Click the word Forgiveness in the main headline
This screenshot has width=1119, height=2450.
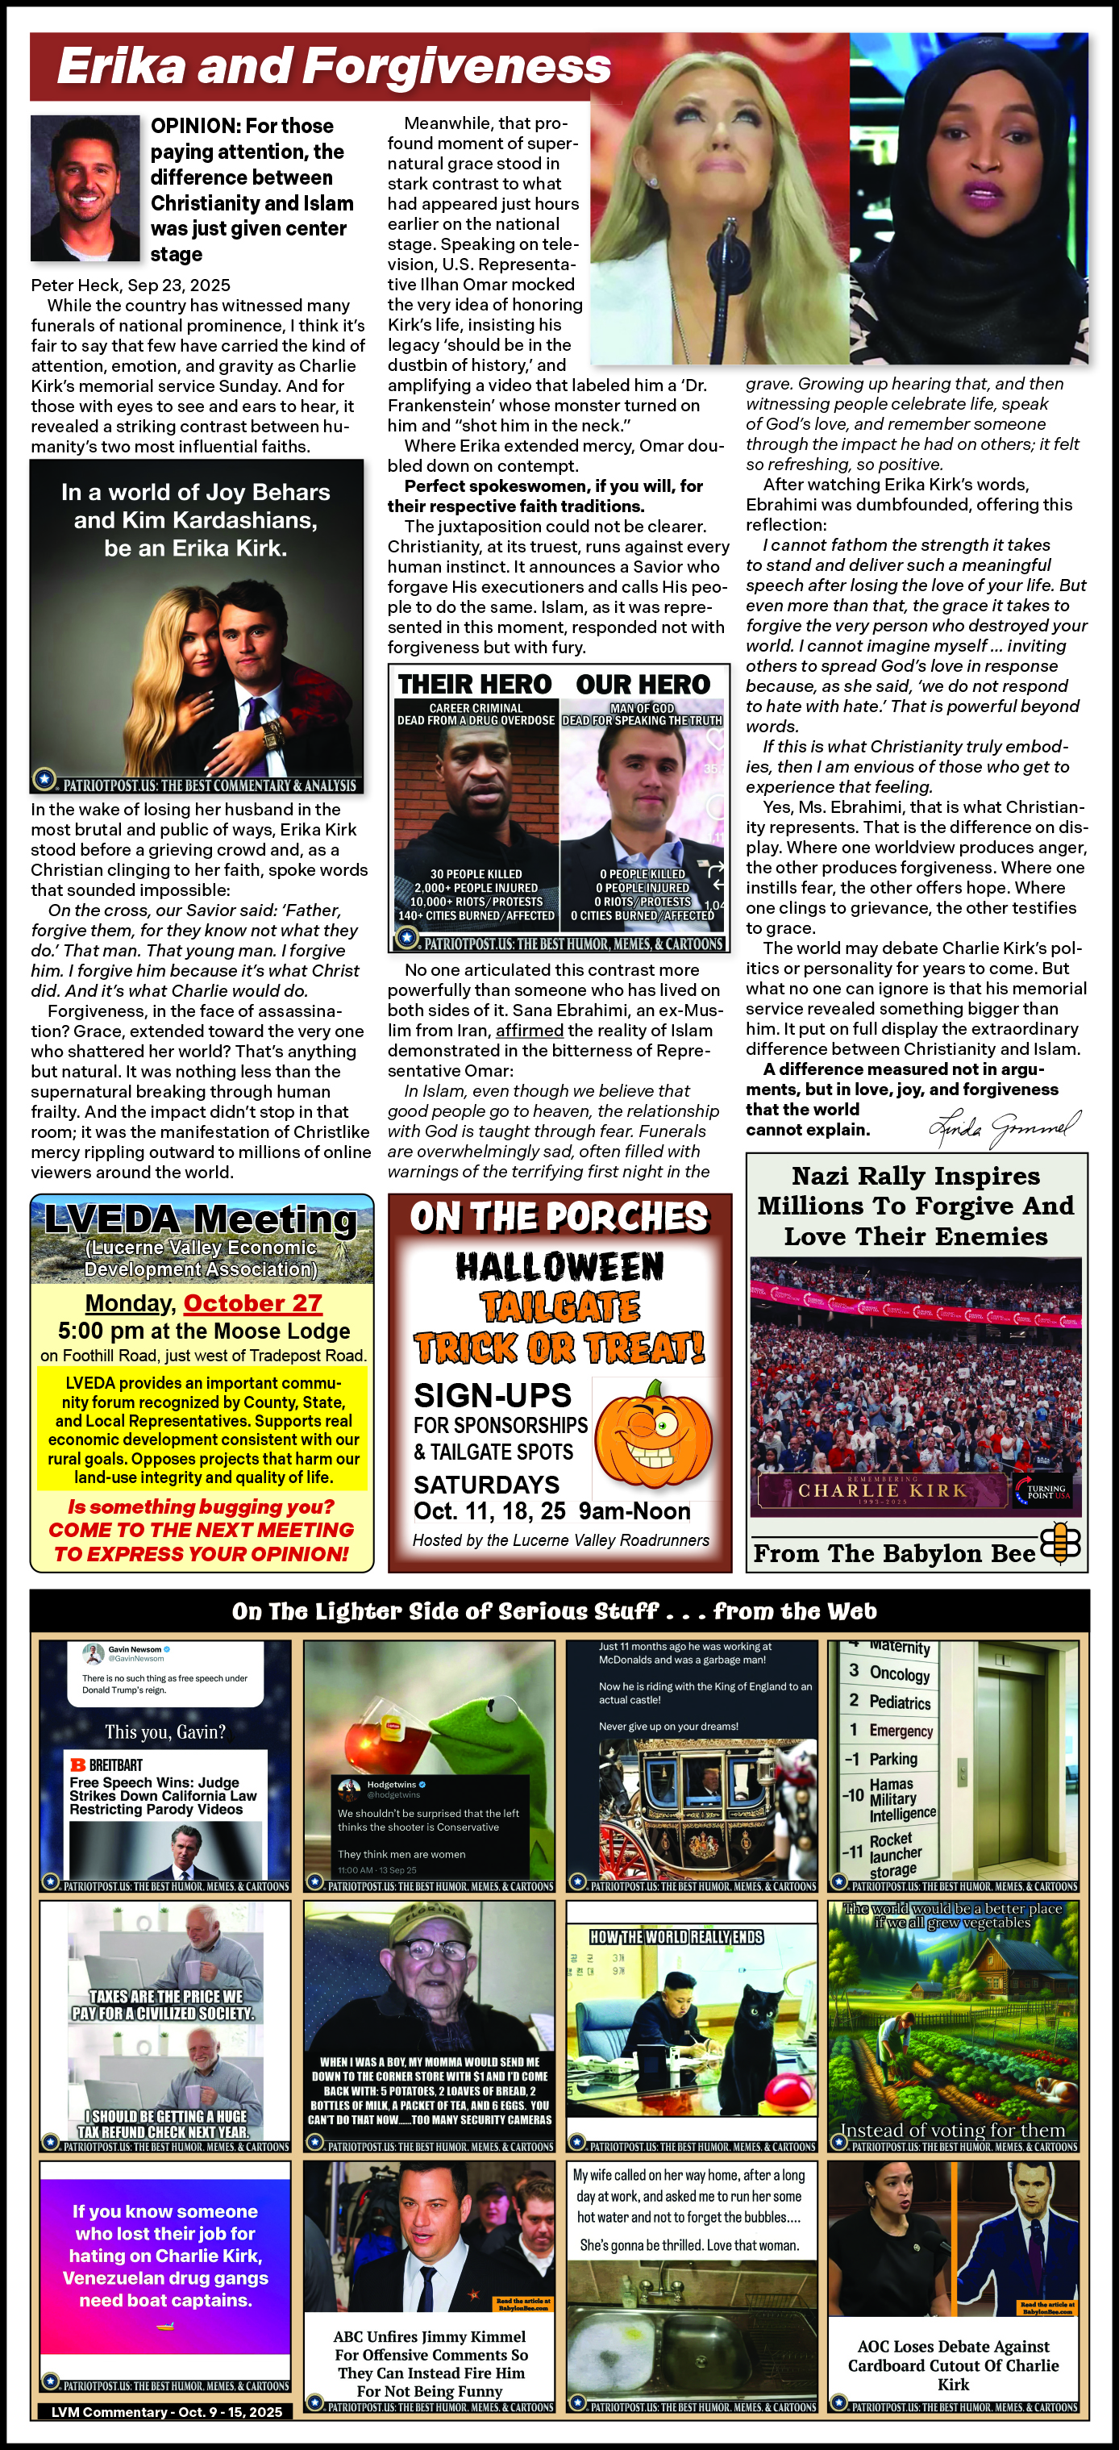point(457,67)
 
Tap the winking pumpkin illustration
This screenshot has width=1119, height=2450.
point(653,1438)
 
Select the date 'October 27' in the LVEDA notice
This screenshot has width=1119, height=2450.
point(253,1303)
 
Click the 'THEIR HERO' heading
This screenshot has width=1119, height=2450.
point(474,685)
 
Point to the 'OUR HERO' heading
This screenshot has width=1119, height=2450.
point(643,685)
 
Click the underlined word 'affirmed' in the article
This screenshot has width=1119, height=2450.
point(530,1030)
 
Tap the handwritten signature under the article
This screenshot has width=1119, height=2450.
point(1004,1128)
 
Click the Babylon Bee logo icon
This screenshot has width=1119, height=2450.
point(1060,1544)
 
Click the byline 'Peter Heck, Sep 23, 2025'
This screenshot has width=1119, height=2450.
point(131,285)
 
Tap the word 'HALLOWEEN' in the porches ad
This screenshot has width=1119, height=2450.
point(560,1267)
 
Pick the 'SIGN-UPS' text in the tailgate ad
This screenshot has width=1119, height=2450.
point(493,1395)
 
